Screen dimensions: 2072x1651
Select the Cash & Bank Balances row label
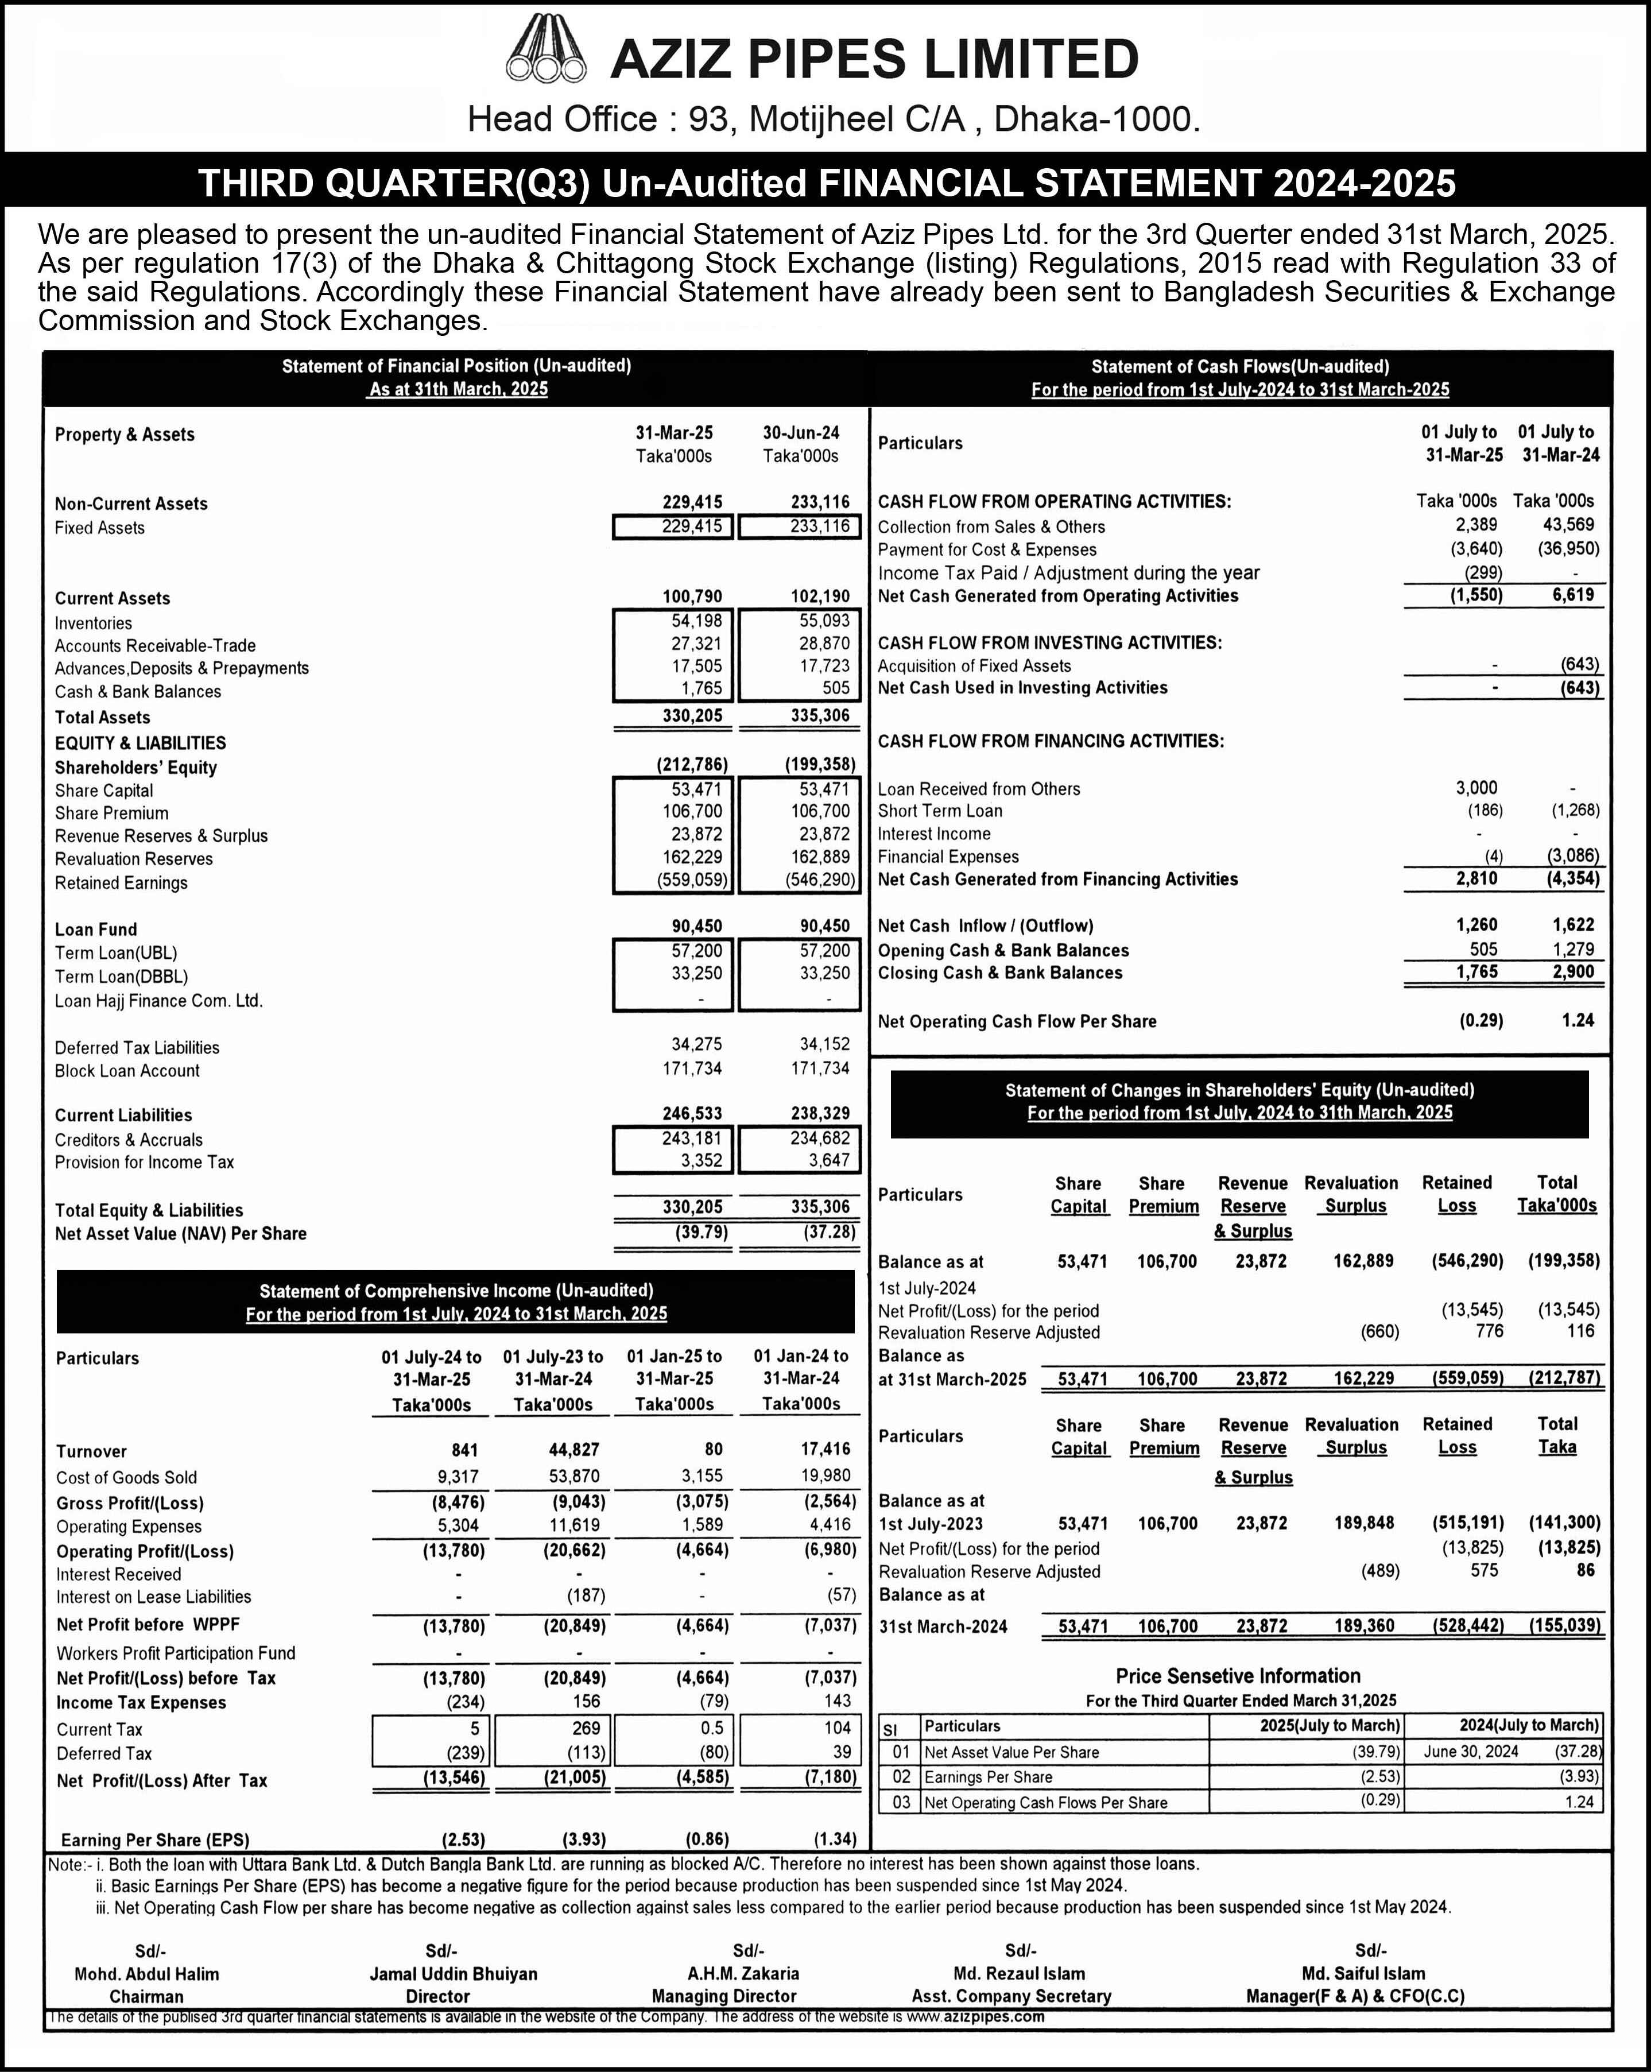click(137, 692)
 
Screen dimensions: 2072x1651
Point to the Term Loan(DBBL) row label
click(121, 977)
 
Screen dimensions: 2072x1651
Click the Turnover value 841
click(464, 1450)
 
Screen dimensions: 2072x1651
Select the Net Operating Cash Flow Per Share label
click(1017, 1021)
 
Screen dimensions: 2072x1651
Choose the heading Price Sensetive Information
click(1238, 1676)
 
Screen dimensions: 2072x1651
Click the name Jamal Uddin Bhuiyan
click(454, 1974)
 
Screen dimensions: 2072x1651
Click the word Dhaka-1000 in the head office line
click(1095, 119)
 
